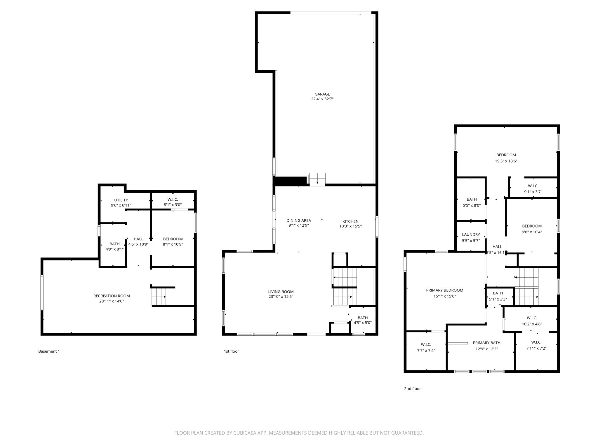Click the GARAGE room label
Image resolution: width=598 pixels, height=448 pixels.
(x=322, y=94)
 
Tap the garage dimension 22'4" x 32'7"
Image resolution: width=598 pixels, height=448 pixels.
(x=322, y=99)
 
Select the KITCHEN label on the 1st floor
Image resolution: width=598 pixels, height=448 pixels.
(x=350, y=221)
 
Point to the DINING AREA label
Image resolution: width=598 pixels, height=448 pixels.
(x=298, y=220)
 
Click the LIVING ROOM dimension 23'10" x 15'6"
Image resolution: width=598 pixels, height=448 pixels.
(x=281, y=297)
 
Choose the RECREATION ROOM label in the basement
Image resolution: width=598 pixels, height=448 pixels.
(x=112, y=296)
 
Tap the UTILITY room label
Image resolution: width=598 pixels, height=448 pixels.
(x=121, y=200)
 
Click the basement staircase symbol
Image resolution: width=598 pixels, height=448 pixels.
(x=159, y=297)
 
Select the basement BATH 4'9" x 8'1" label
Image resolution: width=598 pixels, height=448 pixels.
(x=114, y=244)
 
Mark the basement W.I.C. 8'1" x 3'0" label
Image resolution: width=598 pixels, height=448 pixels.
(x=173, y=200)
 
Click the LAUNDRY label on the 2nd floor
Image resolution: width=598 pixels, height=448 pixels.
(x=471, y=235)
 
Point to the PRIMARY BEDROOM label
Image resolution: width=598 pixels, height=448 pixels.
(x=444, y=290)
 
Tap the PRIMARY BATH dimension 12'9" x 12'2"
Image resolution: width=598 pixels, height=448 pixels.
(x=486, y=349)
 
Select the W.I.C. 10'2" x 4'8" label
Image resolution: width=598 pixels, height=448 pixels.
(x=532, y=318)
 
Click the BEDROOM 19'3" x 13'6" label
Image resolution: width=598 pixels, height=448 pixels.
(x=506, y=155)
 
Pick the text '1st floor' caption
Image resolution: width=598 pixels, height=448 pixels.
(x=231, y=351)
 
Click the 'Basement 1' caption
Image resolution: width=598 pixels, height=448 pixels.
(x=49, y=351)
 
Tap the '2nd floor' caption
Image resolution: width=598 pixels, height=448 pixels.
(x=412, y=388)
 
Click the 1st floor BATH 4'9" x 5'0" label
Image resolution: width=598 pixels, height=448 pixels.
(x=363, y=318)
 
